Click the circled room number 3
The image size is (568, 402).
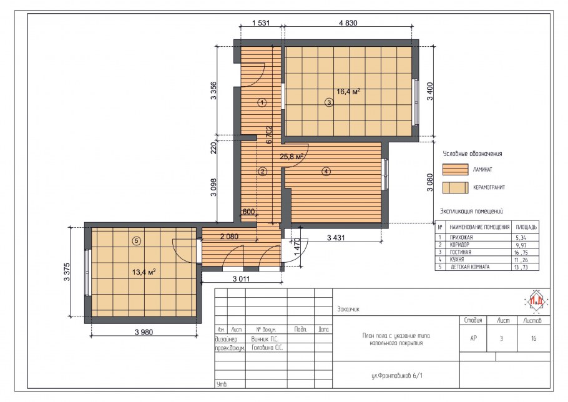point(329,102)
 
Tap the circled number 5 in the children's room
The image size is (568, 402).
point(137,241)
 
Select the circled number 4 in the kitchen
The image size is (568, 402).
point(326,171)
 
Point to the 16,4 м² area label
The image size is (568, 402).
point(348,92)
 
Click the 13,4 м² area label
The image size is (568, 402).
point(144,272)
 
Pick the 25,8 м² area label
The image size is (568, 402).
point(291,157)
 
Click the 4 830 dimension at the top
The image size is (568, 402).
point(348,23)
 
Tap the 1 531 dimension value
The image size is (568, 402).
point(261,23)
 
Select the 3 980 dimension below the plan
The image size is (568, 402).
point(144,331)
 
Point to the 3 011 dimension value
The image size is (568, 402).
point(241,279)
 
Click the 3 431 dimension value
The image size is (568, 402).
point(336,238)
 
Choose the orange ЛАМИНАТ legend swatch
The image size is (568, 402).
point(456,169)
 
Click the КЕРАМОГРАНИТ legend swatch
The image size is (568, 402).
point(456,187)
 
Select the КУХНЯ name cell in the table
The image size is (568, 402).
point(456,260)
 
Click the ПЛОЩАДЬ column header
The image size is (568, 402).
point(526,227)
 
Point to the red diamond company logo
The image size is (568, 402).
point(536,301)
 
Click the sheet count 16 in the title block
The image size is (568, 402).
point(534,338)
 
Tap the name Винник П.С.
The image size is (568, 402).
point(265,339)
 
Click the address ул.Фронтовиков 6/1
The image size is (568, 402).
point(397,376)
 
